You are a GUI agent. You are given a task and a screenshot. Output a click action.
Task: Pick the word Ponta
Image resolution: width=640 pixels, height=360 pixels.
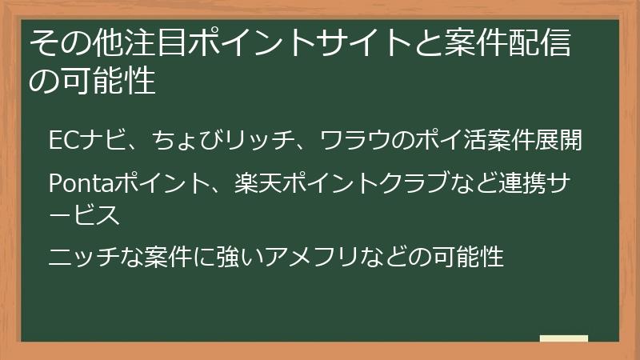78,184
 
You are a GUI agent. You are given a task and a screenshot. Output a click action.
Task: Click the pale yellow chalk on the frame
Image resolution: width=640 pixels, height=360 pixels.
563,339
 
